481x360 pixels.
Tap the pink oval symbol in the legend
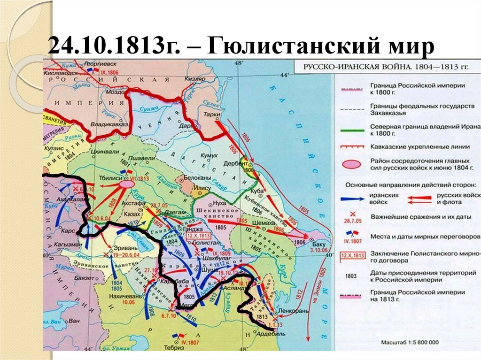coord(352,164)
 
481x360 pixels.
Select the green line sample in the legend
coord(352,127)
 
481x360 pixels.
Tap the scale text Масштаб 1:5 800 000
coord(410,343)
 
